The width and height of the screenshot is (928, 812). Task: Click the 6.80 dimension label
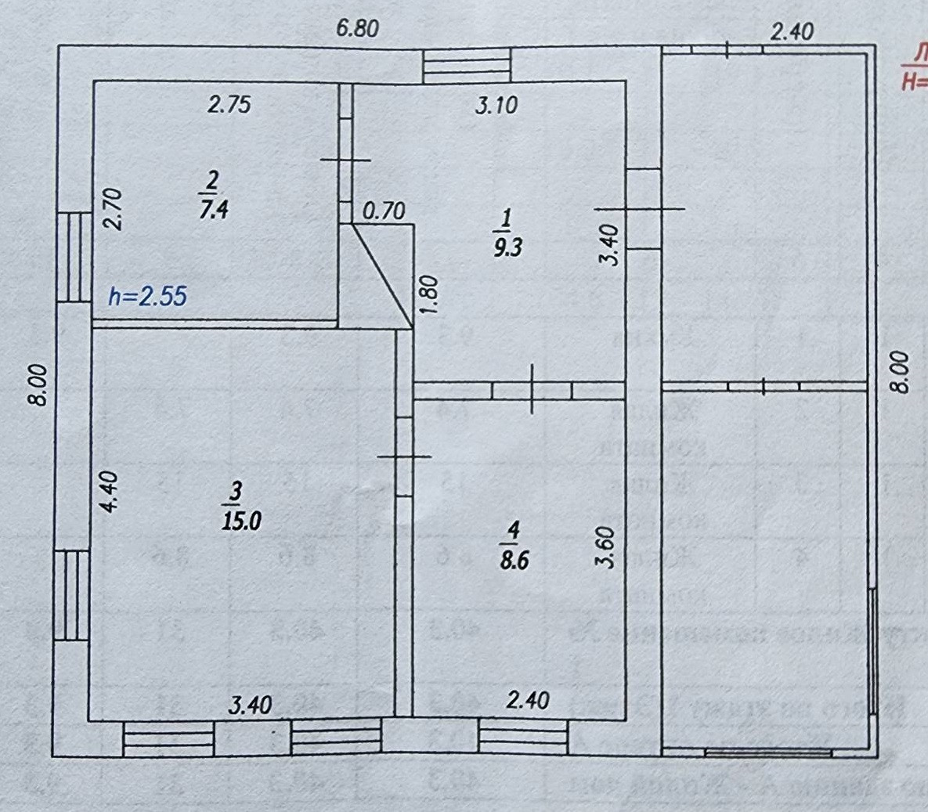[x=357, y=29]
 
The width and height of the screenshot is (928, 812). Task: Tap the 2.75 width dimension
[x=229, y=104]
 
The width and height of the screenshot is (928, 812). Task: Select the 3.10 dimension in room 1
[x=496, y=104]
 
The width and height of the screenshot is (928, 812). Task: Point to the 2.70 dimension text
[x=113, y=208]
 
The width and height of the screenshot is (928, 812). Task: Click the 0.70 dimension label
[x=384, y=211]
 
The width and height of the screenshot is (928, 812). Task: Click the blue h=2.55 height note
[x=148, y=296]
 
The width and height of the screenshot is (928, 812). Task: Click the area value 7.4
[x=213, y=209]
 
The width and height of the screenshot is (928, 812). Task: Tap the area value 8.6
[x=513, y=560]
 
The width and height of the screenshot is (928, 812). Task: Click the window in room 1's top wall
[x=467, y=65]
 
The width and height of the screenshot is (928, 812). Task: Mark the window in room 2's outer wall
[x=74, y=257]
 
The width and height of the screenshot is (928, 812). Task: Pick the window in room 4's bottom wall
[x=523, y=737]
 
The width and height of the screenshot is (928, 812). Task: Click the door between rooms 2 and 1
[x=345, y=160]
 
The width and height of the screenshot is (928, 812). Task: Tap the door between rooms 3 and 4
[x=404, y=457]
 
